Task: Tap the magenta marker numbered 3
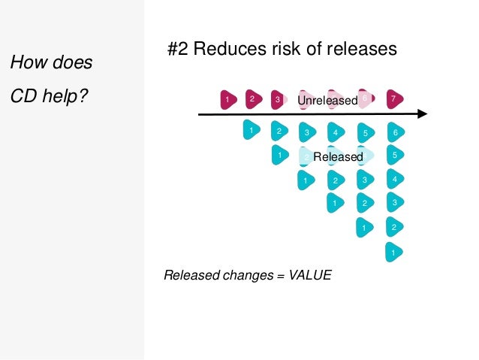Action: coord(278,99)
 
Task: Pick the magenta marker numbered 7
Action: coord(393,99)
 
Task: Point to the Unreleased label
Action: coord(327,100)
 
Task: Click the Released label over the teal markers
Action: coord(338,156)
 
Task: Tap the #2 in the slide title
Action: coord(176,50)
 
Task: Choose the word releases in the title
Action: coord(360,50)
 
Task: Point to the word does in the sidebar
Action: coord(71,62)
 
